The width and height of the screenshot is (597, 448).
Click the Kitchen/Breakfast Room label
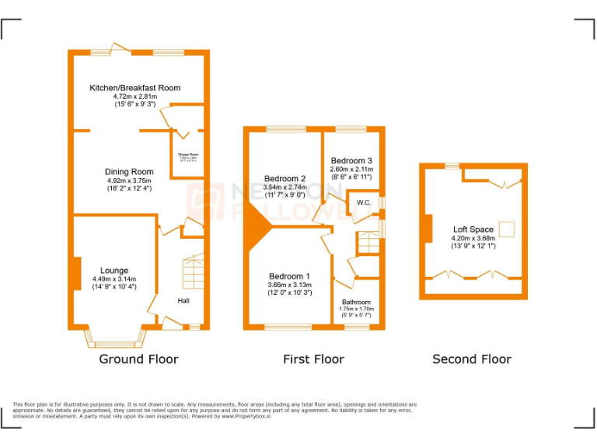coord(134,88)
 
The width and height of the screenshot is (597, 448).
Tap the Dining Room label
coord(129,172)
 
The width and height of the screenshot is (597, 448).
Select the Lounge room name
coord(114,271)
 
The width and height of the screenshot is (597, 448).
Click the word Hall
coord(183,301)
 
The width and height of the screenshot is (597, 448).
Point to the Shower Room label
coord(188,155)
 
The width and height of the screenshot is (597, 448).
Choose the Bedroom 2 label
coord(285,179)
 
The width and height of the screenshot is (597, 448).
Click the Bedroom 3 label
coord(351,161)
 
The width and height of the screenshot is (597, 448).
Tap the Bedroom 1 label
coord(289,277)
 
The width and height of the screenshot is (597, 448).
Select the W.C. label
coord(364,203)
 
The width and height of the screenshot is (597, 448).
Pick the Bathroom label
coord(356,302)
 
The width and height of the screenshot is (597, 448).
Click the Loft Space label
coord(473,229)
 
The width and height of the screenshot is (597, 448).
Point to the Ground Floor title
coord(138,359)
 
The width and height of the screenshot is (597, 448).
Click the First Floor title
coord(313,359)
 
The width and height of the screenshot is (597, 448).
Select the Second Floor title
coord(472,359)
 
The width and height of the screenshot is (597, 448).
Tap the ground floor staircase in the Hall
coord(192,273)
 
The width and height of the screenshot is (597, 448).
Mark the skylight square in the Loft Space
coord(507,229)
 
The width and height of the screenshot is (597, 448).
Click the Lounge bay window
coord(114,338)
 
